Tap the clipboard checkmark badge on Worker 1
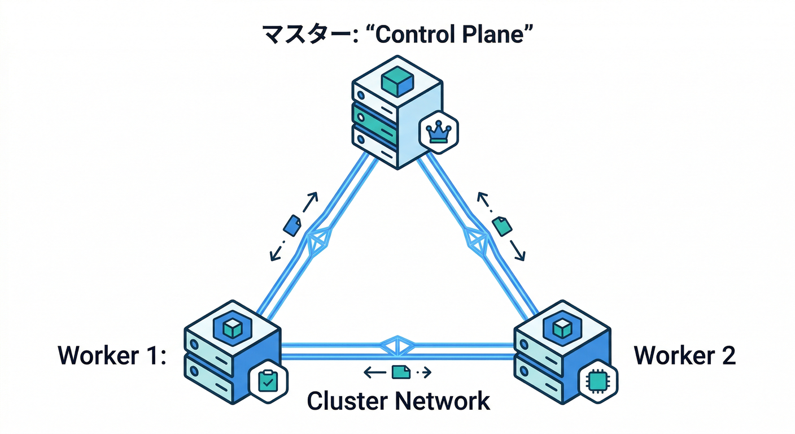(x=268, y=380)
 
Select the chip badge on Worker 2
(x=597, y=380)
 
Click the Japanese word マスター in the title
(x=298, y=35)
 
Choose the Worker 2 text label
(x=684, y=355)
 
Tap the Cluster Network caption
(x=398, y=401)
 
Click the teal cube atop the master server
(x=397, y=83)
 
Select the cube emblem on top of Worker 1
(x=232, y=327)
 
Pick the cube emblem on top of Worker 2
(x=562, y=327)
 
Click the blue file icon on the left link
(x=293, y=224)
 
